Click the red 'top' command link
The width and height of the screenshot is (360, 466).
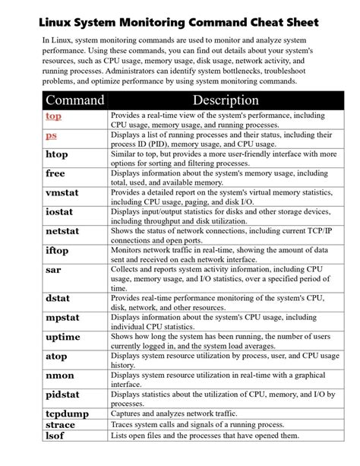click(x=53, y=116)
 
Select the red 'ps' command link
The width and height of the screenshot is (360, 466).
click(x=51, y=135)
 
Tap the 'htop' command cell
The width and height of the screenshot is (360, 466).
click(x=57, y=154)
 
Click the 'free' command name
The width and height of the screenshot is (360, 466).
click(x=55, y=173)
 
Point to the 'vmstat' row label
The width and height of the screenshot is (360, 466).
click(x=62, y=193)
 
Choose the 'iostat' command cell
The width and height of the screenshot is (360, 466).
click(x=60, y=211)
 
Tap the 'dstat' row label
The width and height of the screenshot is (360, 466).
click(x=58, y=299)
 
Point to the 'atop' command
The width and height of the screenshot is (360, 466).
click(x=56, y=356)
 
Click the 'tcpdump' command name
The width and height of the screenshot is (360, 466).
click(x=66, y=413)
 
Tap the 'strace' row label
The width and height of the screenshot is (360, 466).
click(x=60, y=424)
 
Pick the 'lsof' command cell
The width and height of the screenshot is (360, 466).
click(x=55, y=436)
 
